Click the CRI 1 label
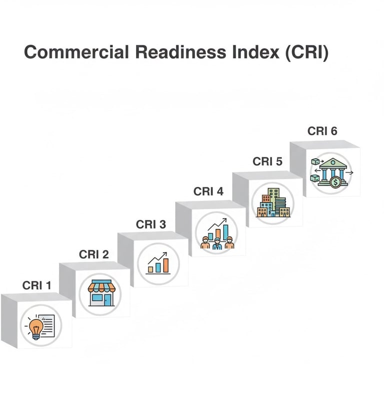pos(36,285)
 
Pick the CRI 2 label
pos(93,255)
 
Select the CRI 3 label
pos(150,225)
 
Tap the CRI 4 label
pos(208,191)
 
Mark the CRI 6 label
pos(322,131)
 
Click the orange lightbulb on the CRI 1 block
pos(35,328)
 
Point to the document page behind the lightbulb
pos(47,325)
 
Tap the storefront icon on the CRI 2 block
pos(100,293)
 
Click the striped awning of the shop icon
pos(100,286)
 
